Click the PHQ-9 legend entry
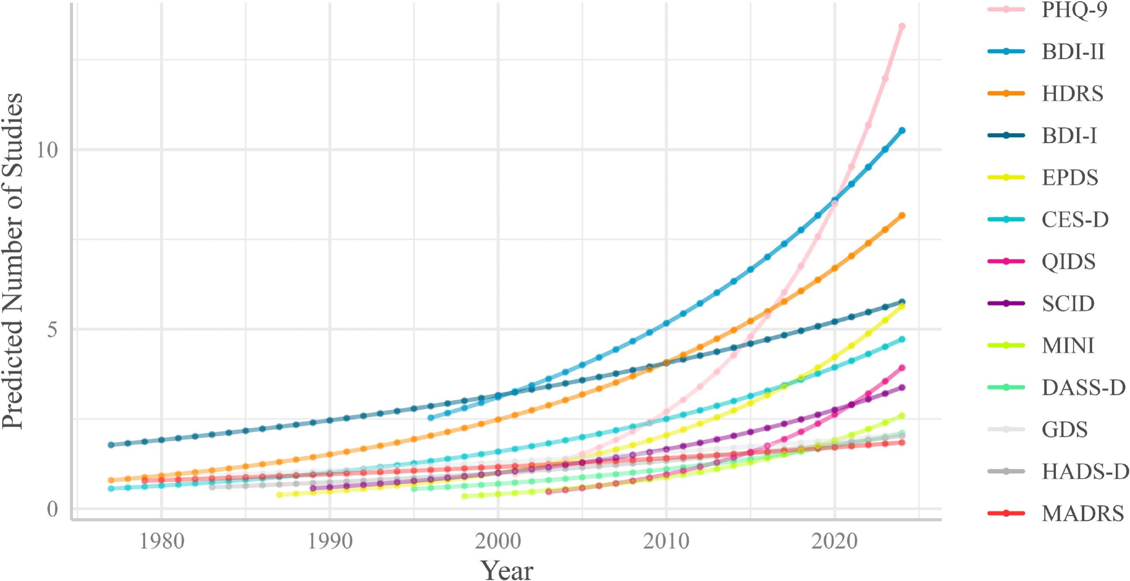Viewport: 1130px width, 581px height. click(x=1074, y=10)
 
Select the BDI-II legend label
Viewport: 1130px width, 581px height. click(x=1072, y=52)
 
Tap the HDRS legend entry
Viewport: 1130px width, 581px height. click(x=1072, y=94)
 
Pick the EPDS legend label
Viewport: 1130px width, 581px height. click(x=1070, y=178)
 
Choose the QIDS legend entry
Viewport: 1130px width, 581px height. click(x=1068, y=262)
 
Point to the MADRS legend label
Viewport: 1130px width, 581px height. click(x=1083, y=514)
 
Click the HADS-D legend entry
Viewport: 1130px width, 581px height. click(x=1085, y=471)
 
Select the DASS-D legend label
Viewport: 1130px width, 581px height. click(x=1083, y=388)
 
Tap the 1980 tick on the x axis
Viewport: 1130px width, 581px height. click(x=162, y=541)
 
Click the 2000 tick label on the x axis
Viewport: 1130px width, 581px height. click(x=498, y=541)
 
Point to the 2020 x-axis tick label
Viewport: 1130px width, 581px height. click(x=835, y=541)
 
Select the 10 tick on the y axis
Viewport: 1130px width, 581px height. click(x=47, y=150)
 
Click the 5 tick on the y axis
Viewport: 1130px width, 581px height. click(x=52, y=330)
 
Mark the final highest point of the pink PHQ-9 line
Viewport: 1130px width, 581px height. click(x=902, y=27)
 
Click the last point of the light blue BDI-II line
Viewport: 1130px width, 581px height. click(x=902, y=130)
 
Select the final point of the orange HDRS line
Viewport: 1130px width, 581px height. click(x=902, y=216)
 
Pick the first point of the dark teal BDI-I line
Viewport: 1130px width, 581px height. click(x=111, y=445)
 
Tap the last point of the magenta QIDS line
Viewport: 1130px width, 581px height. click(x=902, y=368)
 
